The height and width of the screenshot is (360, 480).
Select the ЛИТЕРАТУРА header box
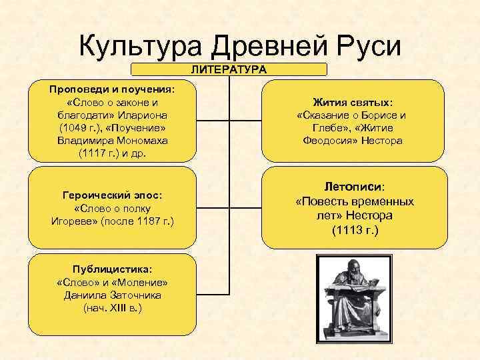point(229,69)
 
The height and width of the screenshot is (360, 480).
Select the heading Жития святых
point(353,103)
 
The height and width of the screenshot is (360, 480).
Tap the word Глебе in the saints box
point(328,128)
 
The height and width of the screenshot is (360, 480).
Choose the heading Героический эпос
point(113,195)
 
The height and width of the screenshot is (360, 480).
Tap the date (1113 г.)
point(354,231)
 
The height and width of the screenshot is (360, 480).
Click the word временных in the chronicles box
point(382,201)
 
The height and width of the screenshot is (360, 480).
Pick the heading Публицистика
point(113,269)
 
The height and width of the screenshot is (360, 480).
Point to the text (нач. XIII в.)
point(113,308)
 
